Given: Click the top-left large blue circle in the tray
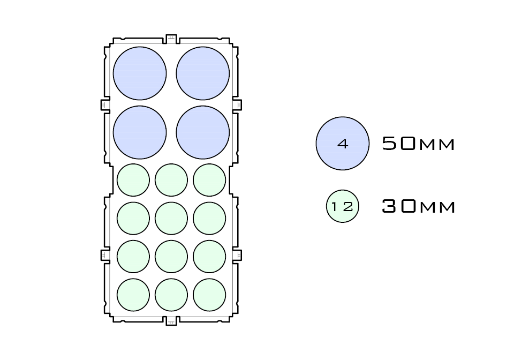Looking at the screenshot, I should tap(140, 73).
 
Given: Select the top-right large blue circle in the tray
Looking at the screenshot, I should tap(202, 73).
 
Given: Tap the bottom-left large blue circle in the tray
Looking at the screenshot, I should tap(140, 132).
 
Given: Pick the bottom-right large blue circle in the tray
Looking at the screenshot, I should tap(202, 132).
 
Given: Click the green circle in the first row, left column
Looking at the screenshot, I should tap(133, 180).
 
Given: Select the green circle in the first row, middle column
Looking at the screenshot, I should tap(171, 180).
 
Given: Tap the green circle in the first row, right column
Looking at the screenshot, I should tap(209, 180).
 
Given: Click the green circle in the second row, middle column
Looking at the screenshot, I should tap(171, 218).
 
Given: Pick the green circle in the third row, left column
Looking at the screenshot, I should tap(133, 257).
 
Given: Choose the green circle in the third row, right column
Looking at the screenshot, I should tap(209, 257).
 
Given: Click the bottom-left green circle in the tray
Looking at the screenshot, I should tap(133, 295).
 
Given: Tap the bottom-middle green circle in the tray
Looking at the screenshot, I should tap(171, 295).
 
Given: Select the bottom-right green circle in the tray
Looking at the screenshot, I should tap(209, 295).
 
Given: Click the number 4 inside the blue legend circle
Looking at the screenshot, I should tap(343, 144).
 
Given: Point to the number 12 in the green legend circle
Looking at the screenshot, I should tap(342, 206).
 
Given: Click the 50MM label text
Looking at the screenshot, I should tap(418, 144).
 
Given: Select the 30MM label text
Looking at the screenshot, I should tap(418, 206).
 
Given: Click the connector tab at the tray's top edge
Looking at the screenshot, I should tap(171, 39).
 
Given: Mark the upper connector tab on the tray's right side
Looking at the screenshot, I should tap(237, 104).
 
